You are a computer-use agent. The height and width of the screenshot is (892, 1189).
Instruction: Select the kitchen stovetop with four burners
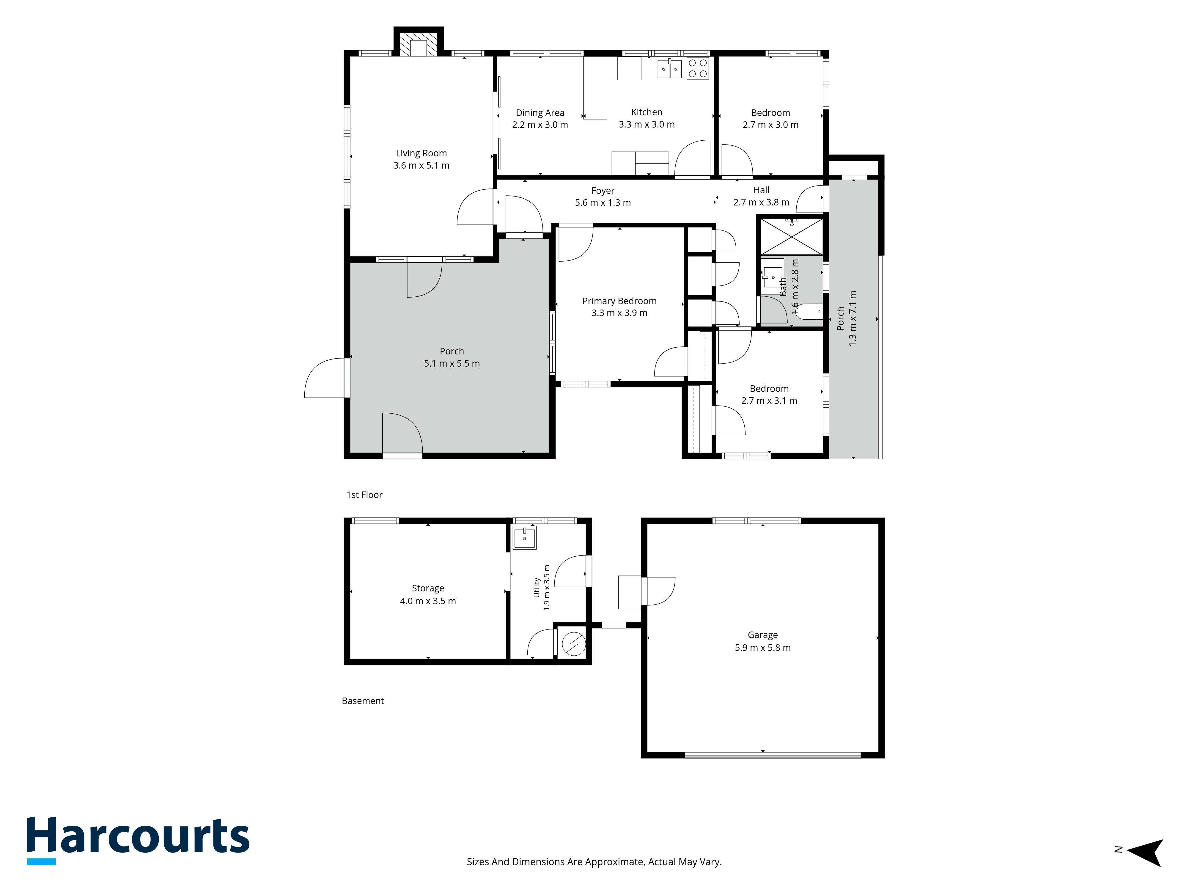click(698, 68)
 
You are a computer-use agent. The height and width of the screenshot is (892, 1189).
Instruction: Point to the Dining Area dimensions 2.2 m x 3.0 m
click(540, 125)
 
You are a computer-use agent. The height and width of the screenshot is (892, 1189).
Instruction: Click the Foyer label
click(603, 191)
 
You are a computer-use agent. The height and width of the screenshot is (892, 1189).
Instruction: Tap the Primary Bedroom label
click(619, 301)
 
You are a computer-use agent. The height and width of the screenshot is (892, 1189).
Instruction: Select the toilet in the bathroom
click(809, 311)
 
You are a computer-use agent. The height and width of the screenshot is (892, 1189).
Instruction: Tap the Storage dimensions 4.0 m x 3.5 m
click(428, 601)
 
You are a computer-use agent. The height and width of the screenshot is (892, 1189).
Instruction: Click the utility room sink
click(524, 538)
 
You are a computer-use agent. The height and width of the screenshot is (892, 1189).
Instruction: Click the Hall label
click(761, 190)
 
